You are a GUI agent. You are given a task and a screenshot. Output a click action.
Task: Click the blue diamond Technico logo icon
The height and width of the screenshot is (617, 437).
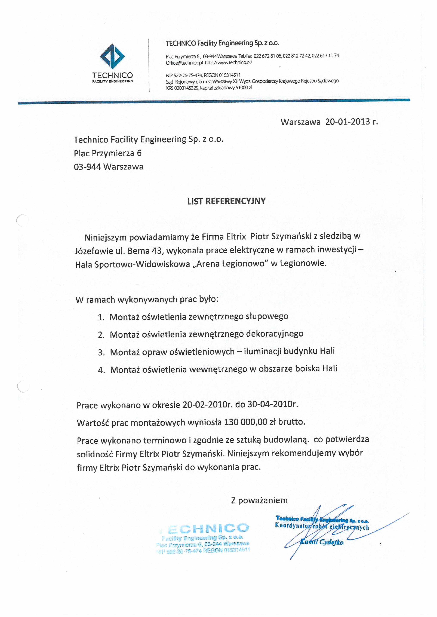click(x=112, y=56)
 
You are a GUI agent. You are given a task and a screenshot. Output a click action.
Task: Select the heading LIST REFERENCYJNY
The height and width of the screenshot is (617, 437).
click(x=226, y=201)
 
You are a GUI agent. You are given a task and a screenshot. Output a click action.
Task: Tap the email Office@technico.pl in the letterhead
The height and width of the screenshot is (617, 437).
click(x=184, y=63)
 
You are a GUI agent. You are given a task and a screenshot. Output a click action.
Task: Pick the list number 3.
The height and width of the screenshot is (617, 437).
click(x=101, y=352)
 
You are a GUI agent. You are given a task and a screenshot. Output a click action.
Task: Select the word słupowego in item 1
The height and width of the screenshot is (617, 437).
click(x=267, y=316)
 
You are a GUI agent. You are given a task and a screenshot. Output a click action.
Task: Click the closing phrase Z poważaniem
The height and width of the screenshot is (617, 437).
click(x=259, y=500)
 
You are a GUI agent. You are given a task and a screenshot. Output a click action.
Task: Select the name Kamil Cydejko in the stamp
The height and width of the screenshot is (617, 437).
click(x=322, y=542)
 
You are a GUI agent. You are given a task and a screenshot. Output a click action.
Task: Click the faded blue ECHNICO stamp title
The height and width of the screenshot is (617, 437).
click(x=208, y=528)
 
